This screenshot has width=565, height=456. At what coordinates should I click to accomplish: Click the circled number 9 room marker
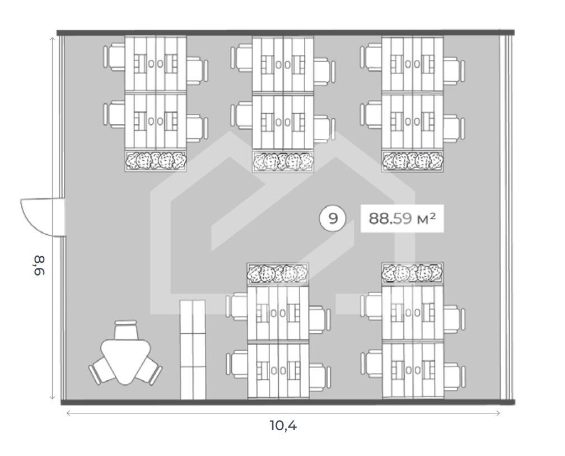(x=333, y=218)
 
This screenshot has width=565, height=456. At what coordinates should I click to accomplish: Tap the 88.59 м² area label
(x=401, y=218)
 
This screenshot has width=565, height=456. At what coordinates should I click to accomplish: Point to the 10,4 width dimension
(x=283, y=425)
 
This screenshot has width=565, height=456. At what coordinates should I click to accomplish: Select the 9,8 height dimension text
(x=40, y=265)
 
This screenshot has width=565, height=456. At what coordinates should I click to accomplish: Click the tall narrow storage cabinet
(x=193, y=350)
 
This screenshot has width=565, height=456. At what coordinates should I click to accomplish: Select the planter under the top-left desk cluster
(x=156, y=161)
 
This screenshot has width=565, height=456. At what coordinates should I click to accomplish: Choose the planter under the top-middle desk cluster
(x=283, y=161)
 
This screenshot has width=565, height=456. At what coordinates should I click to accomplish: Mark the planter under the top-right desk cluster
(x=413, y=161)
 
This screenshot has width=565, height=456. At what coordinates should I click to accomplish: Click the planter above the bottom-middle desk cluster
(x=278, y=274)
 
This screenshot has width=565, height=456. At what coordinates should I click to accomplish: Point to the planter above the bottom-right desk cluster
(x=413, y=273)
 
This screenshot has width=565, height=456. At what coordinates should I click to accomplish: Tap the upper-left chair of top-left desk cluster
(x=114, y=57)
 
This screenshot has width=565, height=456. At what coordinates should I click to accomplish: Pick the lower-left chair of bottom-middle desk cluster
(x=236, y=365)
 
